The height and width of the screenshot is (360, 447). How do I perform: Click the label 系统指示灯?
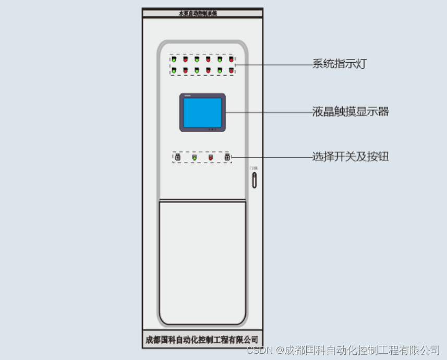340,64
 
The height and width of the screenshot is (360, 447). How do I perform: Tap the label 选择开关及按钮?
351,157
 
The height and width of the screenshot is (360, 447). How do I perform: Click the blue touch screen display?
202,112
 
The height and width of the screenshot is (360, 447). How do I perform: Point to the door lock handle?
254,180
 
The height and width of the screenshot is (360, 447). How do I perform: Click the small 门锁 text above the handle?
253,168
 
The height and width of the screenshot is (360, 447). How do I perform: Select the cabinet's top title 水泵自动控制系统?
202,13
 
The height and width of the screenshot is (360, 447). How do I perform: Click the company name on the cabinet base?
202,340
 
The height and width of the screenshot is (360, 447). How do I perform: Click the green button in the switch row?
194,157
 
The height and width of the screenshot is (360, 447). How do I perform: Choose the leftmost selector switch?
177,157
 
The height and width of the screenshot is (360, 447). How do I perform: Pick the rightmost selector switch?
227,157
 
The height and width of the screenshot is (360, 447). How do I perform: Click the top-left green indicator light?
174,60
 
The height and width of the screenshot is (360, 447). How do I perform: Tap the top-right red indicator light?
231,60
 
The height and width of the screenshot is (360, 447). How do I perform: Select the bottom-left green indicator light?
174,70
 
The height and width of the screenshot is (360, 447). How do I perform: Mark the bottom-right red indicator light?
231,70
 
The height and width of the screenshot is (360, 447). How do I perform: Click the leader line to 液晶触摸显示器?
269,112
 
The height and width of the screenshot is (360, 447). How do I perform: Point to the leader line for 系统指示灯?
274,65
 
